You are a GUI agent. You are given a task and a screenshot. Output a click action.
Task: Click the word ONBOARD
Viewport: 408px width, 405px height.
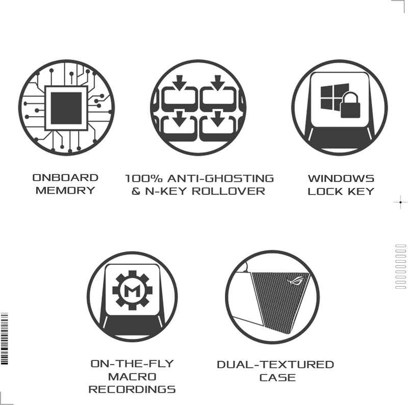coord(65,178)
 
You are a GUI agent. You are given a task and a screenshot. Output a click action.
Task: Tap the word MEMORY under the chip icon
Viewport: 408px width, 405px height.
coord(65,191)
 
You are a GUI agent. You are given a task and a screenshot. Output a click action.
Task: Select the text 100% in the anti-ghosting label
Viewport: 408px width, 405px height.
coord(144,179)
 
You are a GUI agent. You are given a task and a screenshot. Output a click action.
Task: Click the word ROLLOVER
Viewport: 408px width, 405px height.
coord(228,192)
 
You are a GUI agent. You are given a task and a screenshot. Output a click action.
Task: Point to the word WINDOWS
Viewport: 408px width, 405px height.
coord(341,179)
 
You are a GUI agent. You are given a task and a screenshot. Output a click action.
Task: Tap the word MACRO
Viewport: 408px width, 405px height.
coord(132,376)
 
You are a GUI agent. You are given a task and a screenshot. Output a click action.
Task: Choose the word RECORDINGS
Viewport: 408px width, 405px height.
coord(132,389)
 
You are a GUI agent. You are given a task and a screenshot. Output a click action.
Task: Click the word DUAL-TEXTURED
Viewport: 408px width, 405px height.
coord(275,364)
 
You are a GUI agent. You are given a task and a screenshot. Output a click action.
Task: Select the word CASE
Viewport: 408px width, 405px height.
coord(277,377)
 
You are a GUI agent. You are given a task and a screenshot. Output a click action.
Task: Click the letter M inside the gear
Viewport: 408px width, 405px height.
coord(133,290)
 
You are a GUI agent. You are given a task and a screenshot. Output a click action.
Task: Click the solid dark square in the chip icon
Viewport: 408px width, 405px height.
coord(66,108)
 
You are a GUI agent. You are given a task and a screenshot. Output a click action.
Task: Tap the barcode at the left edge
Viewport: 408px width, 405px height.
coord(5,338)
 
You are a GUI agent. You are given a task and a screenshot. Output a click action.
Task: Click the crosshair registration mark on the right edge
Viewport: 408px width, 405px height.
coord(400,202)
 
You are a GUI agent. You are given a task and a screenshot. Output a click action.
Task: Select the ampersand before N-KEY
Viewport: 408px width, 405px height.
coord(136,192)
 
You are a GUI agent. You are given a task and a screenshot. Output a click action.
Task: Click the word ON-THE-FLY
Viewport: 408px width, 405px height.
coord(132,364)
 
